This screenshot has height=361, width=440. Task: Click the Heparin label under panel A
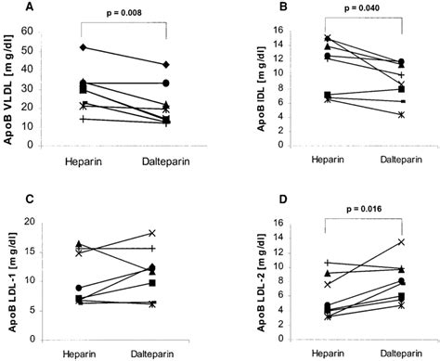(83, 163)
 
